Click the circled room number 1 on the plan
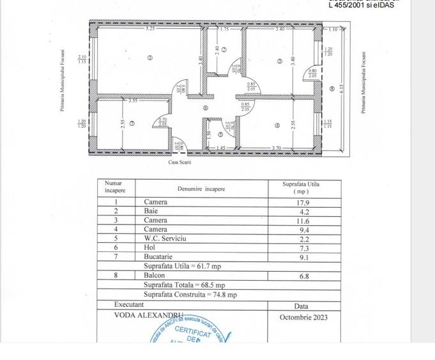tap(150, 58)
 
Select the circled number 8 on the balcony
tap(332, 88)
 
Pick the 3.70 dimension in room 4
tap(277, 148)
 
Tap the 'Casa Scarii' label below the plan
tap(179, 162)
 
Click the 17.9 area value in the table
tap(304, 202)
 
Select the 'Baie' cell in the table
tap(150, 211)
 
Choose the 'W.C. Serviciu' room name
tap(165, 238)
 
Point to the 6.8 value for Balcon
tap(304, 276)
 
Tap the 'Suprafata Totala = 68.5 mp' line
tap(184, 285)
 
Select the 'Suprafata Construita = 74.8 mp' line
tap(190, 295)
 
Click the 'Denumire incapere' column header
tap(201, 189)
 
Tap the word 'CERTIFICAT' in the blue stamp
tap(192, 331)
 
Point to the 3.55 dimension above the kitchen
tap(133, 100)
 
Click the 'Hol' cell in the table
tap(149, 247)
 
